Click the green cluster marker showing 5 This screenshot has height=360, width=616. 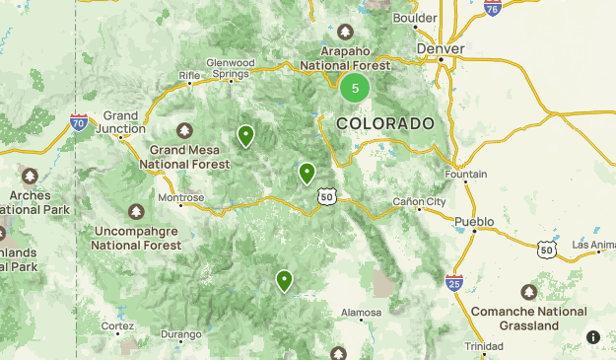355,88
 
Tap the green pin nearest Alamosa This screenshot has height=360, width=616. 284,281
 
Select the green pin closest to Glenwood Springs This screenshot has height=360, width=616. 245,136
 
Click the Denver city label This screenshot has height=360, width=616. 440,47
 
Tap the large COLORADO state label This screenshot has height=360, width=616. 384,123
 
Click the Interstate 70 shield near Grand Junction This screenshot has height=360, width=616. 79,122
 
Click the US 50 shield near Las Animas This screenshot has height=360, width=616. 548,250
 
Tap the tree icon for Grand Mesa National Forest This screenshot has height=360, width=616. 184,130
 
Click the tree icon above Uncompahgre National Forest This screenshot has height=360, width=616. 136,211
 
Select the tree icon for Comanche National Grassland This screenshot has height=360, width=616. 529,292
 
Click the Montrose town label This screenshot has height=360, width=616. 180,197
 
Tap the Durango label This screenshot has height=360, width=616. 180,334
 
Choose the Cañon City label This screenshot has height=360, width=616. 420,201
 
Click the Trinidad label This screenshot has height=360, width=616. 483,346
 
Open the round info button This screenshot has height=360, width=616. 593,336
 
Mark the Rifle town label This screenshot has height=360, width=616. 188,75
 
